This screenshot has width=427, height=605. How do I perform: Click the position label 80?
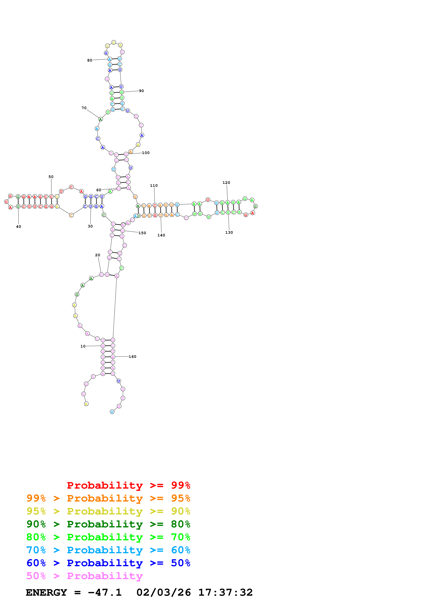(x=90, y=60)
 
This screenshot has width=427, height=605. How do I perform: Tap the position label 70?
(x=84, y=108)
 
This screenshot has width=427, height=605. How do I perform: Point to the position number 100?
(x=146, y=153)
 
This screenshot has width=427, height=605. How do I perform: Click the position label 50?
(x=51, y=177)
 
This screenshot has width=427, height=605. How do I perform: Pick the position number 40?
(x=18, y=227)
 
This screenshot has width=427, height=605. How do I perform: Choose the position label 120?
(x=226, y=183)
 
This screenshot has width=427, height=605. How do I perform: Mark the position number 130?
(x=229, y=232)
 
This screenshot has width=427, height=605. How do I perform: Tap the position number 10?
(x=83, y=346)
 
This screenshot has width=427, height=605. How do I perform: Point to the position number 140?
(x=161, y=235)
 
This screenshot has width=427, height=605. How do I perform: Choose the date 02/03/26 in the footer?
(x=163, y=592)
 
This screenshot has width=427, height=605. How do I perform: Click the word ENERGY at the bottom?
(x=46, y=592)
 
